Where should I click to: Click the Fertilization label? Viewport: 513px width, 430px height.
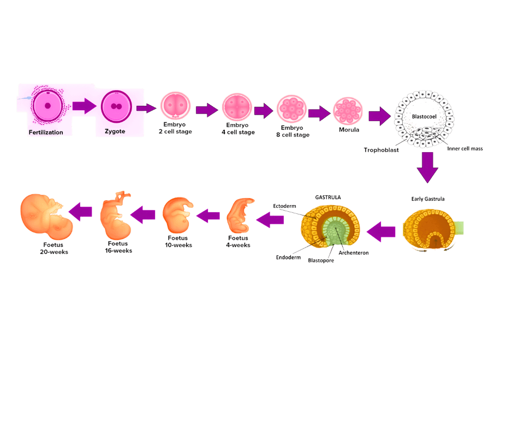tap(46, 132)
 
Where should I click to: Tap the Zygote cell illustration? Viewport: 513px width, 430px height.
tap(115, 106)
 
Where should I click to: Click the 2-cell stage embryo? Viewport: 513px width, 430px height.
tap(175, 107)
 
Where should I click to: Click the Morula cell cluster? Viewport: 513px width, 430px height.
tap(348, 110)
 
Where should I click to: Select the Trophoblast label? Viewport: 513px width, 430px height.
tap(381, 150)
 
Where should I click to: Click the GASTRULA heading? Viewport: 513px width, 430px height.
tap(328, 198)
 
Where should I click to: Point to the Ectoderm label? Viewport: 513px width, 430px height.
tap(284, 206)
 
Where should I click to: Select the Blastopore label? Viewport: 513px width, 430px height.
tap(321, 261)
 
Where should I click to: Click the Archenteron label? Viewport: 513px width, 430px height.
tap(354, 254)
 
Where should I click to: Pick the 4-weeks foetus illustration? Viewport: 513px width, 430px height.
tap(239, 217)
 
